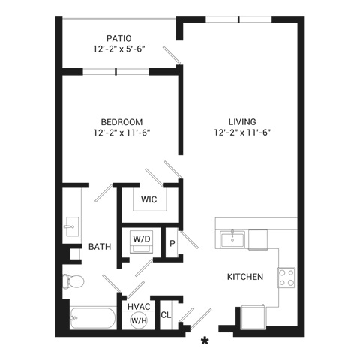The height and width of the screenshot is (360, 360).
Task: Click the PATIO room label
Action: (119, 38)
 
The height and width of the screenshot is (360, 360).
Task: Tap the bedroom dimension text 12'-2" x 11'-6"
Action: (121, 133)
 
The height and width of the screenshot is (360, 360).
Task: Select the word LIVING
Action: (242, 122)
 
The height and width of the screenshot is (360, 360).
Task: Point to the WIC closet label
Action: (149, 199)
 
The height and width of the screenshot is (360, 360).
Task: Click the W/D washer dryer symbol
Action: (141, 242)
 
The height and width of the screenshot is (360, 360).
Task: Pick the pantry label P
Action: (172, 243)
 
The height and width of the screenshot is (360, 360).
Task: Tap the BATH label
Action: (100, 247)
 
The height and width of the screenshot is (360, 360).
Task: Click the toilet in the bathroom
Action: (73, 281)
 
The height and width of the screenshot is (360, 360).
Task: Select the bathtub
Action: (93, 318)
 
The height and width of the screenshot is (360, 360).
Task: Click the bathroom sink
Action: (72, 226)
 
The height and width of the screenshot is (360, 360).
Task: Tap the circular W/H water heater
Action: (139, 320)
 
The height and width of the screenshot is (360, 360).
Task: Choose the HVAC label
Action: (139, 307)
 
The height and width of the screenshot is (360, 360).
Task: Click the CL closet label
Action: (166, 315)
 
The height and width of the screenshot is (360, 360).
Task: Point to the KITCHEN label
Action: (245, 277)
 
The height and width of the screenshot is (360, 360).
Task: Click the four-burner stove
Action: (286, 277)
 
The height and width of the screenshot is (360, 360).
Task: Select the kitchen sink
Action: (232, 239)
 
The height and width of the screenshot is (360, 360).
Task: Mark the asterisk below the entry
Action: (205, 341)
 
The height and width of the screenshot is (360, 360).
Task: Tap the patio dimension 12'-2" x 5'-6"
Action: (119, 49)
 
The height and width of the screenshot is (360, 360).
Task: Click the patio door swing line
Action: (172, 55)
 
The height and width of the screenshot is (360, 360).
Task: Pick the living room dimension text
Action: (242, 133)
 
